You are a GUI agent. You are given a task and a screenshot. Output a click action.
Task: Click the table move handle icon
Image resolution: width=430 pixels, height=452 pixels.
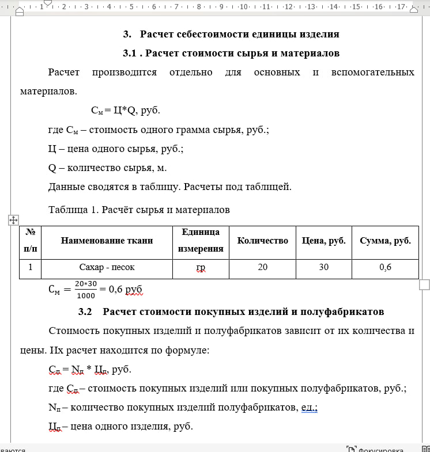(x=14, y=219)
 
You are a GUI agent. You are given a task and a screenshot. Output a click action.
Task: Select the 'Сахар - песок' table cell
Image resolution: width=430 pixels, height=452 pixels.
(x=107, y=268)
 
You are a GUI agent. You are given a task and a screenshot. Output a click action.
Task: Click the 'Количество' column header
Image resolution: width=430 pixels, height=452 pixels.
(x=262, y=241)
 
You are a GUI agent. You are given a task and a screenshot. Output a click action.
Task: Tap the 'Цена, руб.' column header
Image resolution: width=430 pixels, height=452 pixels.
(x=323, y=241)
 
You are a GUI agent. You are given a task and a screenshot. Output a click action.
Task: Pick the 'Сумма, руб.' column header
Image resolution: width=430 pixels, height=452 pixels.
(x=385, y=241)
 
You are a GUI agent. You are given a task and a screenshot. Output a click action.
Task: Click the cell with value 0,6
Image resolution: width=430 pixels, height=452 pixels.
(x=385, y=268)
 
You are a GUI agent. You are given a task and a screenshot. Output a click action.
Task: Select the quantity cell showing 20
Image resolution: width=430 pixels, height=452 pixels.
(x=262, y=268)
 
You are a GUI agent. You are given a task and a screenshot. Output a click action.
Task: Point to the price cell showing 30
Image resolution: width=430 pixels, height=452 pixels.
(x=323, y=268)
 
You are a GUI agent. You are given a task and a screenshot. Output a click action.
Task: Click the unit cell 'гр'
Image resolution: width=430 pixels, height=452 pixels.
(x=201, y=268)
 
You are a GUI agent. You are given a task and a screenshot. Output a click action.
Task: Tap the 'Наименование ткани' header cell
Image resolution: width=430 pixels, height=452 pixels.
(x=107, y=241)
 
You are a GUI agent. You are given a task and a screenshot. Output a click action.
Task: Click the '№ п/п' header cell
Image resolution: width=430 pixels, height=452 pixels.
(x=31, y=241)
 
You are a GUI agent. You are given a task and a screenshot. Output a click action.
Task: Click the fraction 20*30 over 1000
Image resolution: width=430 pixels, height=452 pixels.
(x=86, y=290)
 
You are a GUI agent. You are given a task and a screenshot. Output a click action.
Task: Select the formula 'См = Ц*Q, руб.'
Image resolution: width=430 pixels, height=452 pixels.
(x=126, y=111)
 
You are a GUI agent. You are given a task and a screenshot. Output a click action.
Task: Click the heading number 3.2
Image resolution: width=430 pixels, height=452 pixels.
(x=85, y=312)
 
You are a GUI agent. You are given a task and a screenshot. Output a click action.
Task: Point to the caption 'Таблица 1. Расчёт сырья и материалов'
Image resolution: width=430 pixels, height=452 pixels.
(x=139, y=210)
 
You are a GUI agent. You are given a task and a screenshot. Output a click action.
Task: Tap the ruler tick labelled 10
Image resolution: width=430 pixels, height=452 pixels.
(x=243, y=7)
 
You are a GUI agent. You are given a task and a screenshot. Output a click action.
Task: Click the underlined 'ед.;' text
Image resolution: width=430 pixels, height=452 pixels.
(x=310, y=408)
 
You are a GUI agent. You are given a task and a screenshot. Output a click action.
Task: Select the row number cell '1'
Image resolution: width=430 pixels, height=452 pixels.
(x=31, y=268)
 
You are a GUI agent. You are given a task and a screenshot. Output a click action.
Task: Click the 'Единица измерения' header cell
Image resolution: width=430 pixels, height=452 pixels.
(x=201, y=241)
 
